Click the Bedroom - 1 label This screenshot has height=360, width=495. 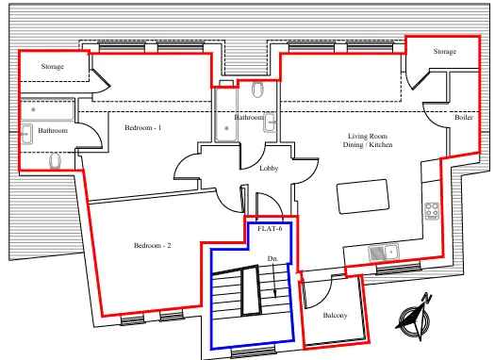point(143,128)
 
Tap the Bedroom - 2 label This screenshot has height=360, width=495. point(153,245)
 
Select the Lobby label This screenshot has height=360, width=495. point(269,168)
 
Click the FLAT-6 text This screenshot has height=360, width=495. point(270,228)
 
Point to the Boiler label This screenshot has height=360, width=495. point(464,118)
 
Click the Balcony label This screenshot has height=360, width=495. point(335,315)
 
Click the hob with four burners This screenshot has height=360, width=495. point(432,211)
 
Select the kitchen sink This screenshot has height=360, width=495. point(383,253)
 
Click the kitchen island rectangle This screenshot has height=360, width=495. point(363,196)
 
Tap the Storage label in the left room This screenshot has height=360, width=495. point(53,66)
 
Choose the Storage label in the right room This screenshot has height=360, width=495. point(445,52)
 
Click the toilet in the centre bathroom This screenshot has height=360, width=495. point(258,90)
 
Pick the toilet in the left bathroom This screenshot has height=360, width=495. point(56,161)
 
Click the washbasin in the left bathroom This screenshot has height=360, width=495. point(26,134)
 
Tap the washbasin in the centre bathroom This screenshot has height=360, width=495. point(270,123)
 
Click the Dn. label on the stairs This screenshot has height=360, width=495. point(272,259)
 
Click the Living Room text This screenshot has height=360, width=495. point(368,136)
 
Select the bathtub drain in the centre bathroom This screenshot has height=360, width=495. point(226,128)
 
